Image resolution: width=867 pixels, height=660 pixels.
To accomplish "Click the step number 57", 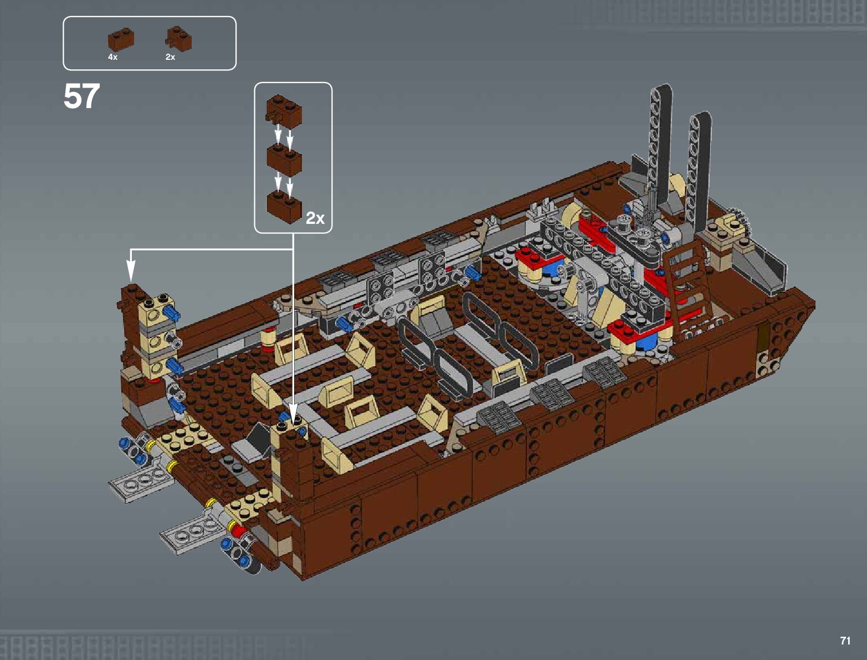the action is click(x=81, y=96).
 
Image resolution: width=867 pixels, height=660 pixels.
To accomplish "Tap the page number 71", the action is click(x=845, y=641).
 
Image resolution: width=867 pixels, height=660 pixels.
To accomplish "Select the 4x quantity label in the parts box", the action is click(x=112, y=57).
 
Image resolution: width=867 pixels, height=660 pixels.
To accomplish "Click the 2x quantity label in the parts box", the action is click(x=170, y=57).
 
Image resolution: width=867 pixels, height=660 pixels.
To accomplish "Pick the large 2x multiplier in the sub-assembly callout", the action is click(x=315, y=218).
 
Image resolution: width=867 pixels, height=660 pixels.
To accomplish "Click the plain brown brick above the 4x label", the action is click(x=121, y=39).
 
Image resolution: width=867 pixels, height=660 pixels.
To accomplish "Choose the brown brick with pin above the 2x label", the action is click(x=178, y=39).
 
